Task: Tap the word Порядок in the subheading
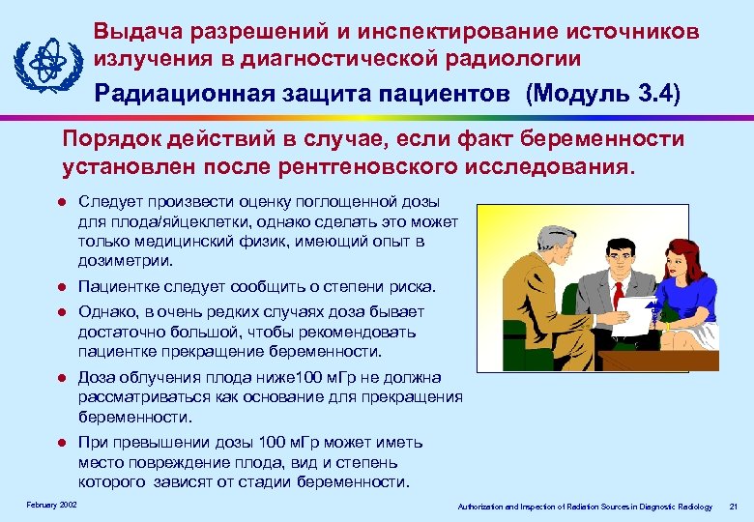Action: pyautogui.click(x=106, y=139)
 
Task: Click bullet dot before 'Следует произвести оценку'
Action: pyautogui.click(x=60, y=201)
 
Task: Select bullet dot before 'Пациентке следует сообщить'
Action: pyautogui.click(x=60, y=287)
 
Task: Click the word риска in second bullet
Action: pyautogui.click(x=413, y=287)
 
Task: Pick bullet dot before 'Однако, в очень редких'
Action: pyautogui.click(x=60, y=312)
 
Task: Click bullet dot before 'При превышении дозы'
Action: pyautogui.click(x=60, y=443)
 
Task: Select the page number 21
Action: pyautogui.click(x=734, y=507)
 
